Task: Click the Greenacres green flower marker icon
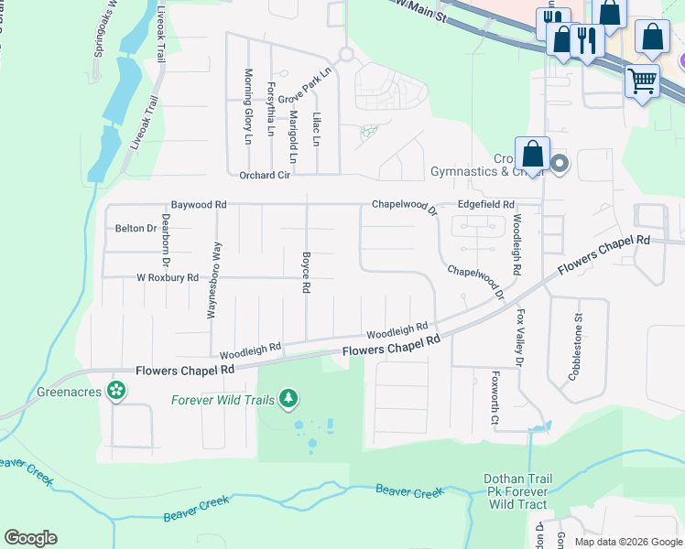pyautogui.click(x=115, y=391)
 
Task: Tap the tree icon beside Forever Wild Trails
pyautogui.click(x=289, y=399)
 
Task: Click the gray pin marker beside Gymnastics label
pyautogui.click(x=560, y=165)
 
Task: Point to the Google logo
pyautogui.click(x=30, y=538)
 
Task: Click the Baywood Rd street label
pyautogui.click(x=199, y=205)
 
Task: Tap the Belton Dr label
pyautogui.click(x=136, y=228)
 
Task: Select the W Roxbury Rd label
pyautogui.click(x=168, y=277)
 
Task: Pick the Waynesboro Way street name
pyautogui.click(x=212, y=280)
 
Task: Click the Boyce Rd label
pyautogui.click(x=306, y=273)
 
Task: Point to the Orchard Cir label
pyautogui.click(x=265, y=175)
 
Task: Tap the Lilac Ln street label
pyautogui.click(x=317, y=129)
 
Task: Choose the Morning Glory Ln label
pyautogui.click(x=248, y=107)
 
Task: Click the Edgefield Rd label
pyautogui.click(x=486, y=205)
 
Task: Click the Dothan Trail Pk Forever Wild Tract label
pyautogui.click(x=517, y=491)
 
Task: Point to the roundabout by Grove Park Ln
pyautogui.click(x=346, y=53)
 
